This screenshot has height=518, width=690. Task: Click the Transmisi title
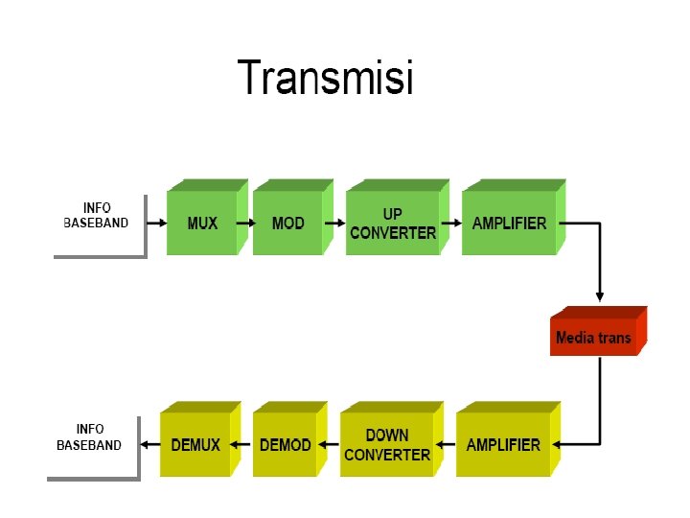325,77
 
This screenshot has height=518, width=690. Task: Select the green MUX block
207,217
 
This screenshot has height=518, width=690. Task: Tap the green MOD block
293,217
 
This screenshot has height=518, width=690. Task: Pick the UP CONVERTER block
398,217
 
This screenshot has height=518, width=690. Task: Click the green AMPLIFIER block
514,217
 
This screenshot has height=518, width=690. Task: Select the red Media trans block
598,331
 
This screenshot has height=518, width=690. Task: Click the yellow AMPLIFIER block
508,438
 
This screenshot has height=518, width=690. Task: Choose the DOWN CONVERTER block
392,438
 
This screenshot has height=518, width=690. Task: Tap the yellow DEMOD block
290,438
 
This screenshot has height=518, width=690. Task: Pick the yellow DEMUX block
200,438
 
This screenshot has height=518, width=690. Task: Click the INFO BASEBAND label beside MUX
97,216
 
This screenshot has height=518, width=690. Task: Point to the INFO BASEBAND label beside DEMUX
89,437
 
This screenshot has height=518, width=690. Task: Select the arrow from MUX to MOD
246,224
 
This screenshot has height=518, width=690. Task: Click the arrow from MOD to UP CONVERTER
334,224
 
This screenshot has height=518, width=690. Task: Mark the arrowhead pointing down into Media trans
599,296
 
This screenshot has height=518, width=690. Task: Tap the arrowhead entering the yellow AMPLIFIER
557,444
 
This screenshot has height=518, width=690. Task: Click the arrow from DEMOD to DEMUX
240,444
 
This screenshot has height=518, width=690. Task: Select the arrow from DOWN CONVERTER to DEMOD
329,444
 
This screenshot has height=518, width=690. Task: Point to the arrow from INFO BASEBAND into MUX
156,224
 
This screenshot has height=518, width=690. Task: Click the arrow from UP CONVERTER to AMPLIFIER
451,224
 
